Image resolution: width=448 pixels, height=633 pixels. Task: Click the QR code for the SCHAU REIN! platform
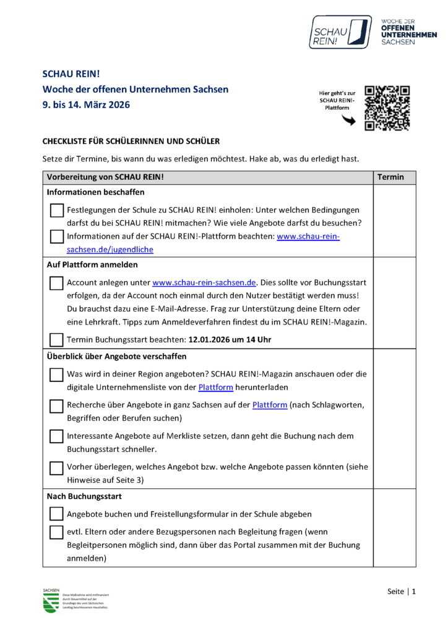click(387, 108)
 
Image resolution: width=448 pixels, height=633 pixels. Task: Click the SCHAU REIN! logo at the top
click(340, 32)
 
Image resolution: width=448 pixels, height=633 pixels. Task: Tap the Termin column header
click(390, 177)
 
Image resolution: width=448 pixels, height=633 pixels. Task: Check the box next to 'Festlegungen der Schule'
click(56, 210)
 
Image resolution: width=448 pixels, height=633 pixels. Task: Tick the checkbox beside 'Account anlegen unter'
click(56, 283)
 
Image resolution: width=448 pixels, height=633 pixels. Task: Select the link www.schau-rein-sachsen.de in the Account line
click(204, 283)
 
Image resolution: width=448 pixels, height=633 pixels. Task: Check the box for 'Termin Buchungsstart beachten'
click(56, 339)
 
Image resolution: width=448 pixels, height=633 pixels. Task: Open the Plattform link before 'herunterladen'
click(215, 388)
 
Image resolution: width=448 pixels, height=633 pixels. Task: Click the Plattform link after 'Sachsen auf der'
click(270, 405)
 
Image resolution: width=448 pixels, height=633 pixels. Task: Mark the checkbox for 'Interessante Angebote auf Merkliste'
click(56, 436)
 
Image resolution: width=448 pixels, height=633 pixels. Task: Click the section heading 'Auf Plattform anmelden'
click(92, 265)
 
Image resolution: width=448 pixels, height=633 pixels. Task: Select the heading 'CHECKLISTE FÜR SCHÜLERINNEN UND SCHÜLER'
click(131, 142)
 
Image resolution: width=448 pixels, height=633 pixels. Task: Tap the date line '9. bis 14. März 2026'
click(86, 105)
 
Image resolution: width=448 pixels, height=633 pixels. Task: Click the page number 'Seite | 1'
click(402, 592)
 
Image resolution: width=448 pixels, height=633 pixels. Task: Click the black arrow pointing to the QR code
click(349, 121)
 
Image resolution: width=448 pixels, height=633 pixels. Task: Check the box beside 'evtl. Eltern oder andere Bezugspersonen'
click(56, 532)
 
